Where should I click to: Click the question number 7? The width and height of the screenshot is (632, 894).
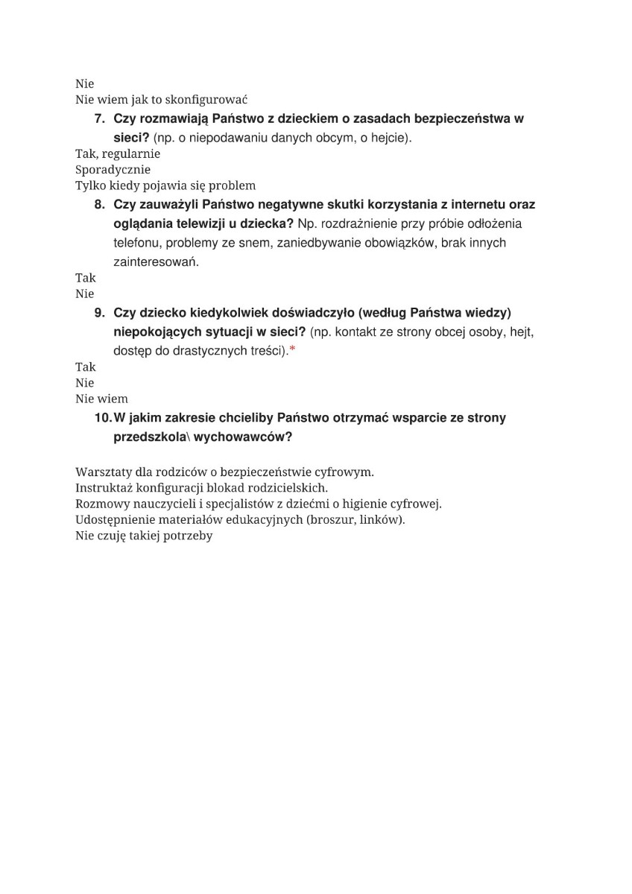pyautogui.click(x=99, y=119)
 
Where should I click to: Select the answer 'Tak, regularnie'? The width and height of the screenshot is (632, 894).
pyautogui.click(x=118, y=153)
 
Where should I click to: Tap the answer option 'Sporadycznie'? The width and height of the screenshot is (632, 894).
pyautogui.click(x=113, y=169)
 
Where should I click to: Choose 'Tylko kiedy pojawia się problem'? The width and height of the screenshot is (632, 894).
pyautogui.click(x=165, y=186)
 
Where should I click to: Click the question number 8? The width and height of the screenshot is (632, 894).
pyautogui.click(x=99, y=204)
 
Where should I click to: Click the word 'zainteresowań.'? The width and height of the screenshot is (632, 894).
pyautogui.click(x=157, y=262)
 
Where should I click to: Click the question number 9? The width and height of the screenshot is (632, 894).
pyautogui.click(x=99, y=312)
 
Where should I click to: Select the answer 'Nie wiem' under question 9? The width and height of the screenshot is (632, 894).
pyautogui.click(x=101, y=399)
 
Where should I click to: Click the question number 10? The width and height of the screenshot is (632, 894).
pyautogui.click(x=102, y=418)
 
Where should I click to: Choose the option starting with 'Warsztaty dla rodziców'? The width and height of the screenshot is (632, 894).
pyautogui.click(x=224, y=472)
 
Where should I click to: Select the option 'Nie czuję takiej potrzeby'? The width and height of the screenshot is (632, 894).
pyautogui.click(x=144, y=535)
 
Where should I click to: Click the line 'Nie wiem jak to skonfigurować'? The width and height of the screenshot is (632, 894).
pyautogui.click(x=161, y=99)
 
